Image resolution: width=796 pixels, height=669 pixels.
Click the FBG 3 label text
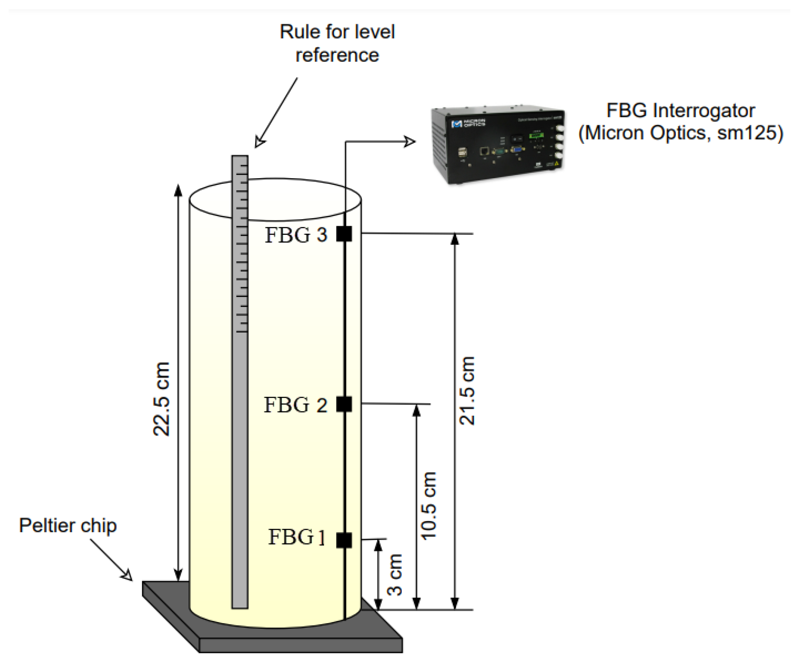pos(295,235)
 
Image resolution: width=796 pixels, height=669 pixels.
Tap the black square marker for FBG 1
pos(344,540)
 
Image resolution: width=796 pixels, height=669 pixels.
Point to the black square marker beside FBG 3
pos(344,233)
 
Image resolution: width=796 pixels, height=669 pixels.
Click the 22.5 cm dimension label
pos(161,399)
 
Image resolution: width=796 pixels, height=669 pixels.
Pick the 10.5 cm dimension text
pos(429,506)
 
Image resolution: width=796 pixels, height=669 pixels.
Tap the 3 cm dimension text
pos(395,574)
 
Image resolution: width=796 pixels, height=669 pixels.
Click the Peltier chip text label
pos(68,526)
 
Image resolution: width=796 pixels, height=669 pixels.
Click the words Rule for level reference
pos(337,43)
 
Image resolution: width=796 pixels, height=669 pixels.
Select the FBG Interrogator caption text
pos(680,122)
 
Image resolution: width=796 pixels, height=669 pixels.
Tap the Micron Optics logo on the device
pos(468,124)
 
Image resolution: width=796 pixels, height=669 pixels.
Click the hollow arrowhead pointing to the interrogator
pos(409,142)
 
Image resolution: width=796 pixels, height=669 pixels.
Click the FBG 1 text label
pos(297,537)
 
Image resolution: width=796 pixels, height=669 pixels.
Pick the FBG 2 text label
pos(295,405)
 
